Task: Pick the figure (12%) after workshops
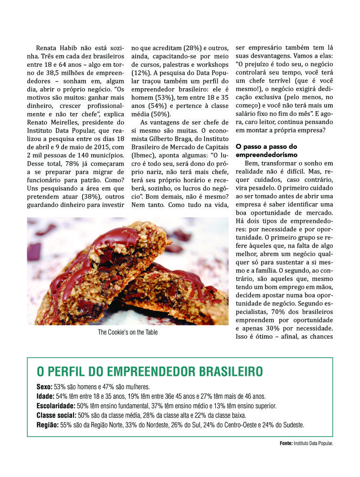coord(142,74)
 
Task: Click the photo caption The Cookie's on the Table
coord(127,332)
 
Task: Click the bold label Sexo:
coord(44,386)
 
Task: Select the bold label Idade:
coord(45,396)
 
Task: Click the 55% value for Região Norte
coord(66,425)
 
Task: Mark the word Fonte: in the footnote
coord(286,443)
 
